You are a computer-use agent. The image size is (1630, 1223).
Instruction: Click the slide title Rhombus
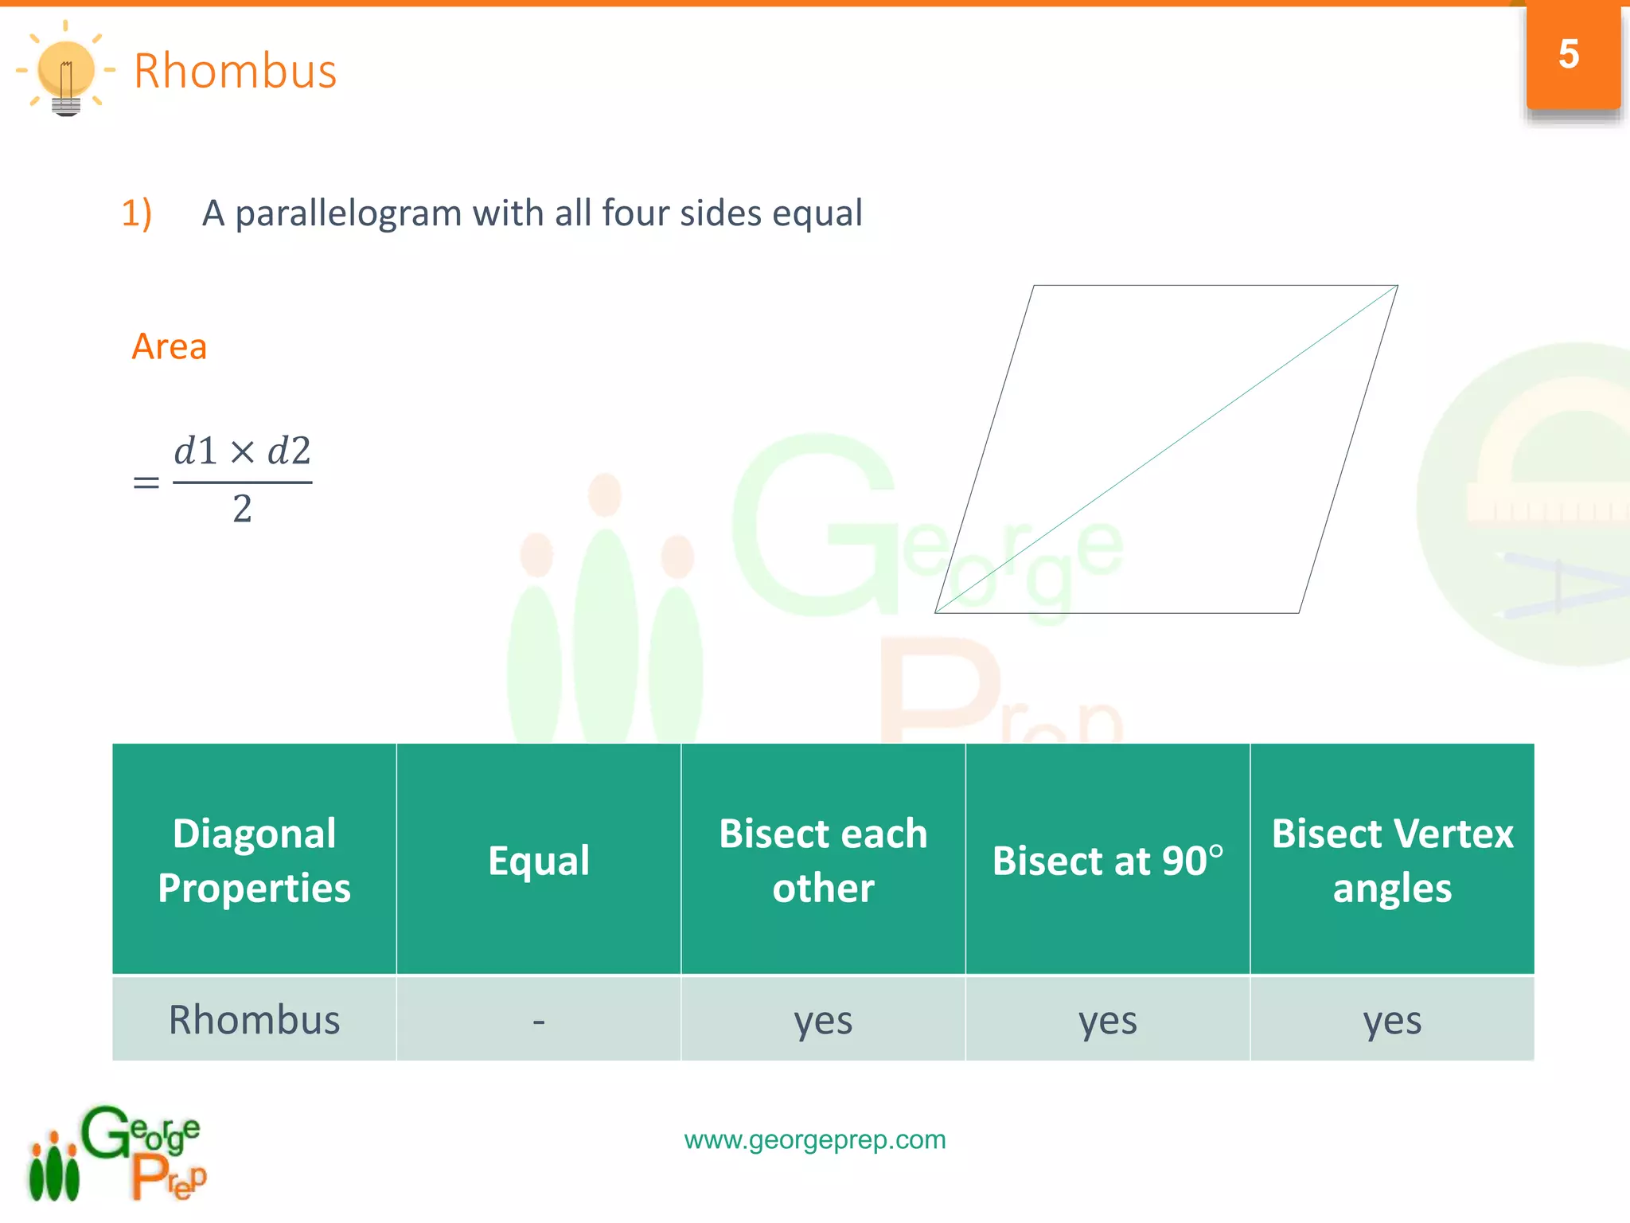[235, 71]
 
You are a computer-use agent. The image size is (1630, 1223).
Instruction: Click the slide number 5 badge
[1569, 55]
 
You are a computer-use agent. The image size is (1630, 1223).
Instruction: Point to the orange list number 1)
[137, 213]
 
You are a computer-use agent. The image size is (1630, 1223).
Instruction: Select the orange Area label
[170, 346]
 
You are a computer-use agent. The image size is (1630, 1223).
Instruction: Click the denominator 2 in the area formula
[242, 509]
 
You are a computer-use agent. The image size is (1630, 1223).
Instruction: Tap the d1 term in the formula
[196, 451]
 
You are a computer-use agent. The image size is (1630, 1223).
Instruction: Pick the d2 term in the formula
[289, 451]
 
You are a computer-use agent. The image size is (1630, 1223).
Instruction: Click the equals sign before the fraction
[146, 483]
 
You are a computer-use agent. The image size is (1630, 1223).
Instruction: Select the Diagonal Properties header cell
[254, 860]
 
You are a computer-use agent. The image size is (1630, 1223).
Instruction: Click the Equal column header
[539, 860]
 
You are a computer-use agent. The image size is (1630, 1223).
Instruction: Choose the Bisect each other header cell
[823, 860]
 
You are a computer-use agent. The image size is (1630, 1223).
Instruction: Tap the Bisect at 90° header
[1107, 860]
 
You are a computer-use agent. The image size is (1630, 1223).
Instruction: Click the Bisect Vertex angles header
[1392, 860]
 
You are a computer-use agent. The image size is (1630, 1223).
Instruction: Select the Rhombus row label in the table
[254, 1020]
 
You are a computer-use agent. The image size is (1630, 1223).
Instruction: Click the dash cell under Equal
[539, 1020]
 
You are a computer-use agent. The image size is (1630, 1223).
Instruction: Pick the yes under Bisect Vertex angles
[1392, 1020]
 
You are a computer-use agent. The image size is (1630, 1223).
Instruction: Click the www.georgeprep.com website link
[815, 1139]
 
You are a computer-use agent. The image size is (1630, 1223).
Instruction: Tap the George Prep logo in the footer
[118, 1153]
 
